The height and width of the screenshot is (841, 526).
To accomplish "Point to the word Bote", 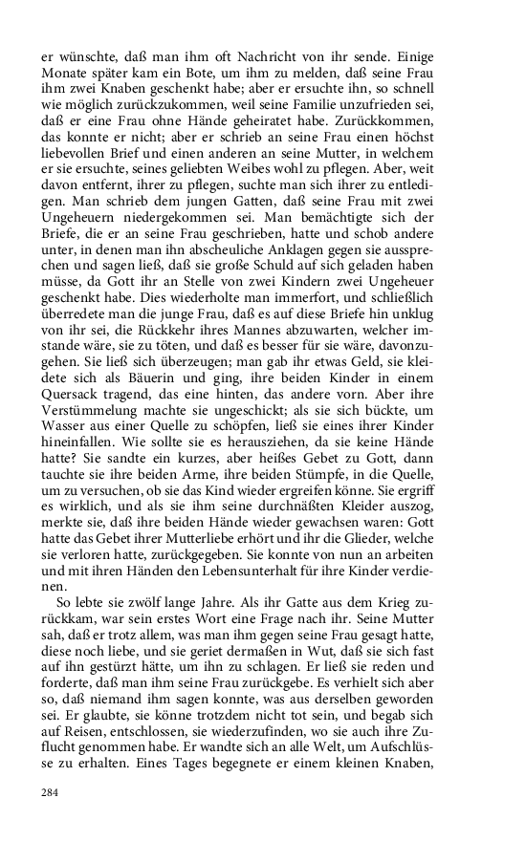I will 214,74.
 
